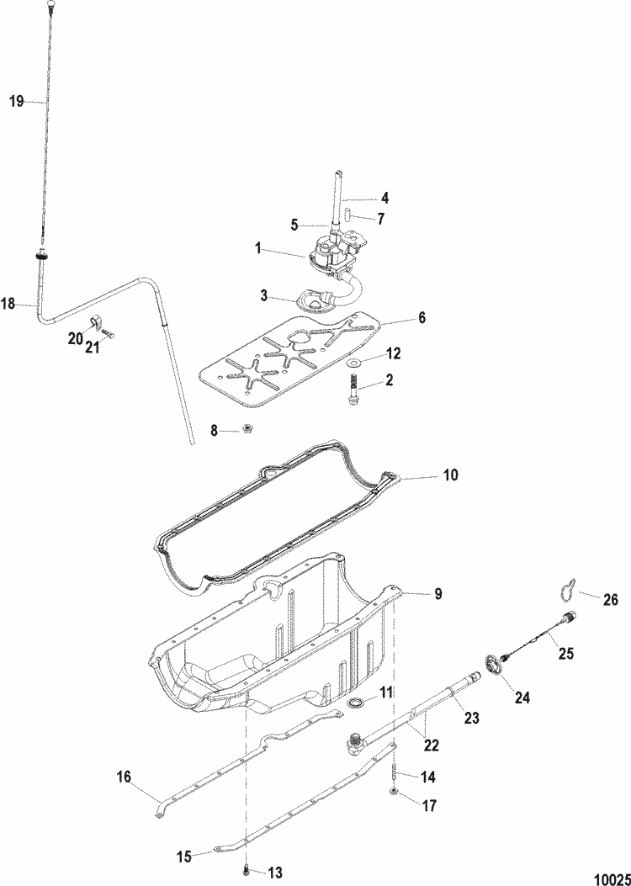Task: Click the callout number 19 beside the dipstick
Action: [x=16, y=101]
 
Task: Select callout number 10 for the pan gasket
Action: [x=451, y=475]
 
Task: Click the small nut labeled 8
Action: [x=247, y=431]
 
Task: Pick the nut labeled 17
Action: [x=394, y=793]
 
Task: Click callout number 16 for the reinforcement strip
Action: [x=124, y=777]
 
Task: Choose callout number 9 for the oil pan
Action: [x=437, y=594]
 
